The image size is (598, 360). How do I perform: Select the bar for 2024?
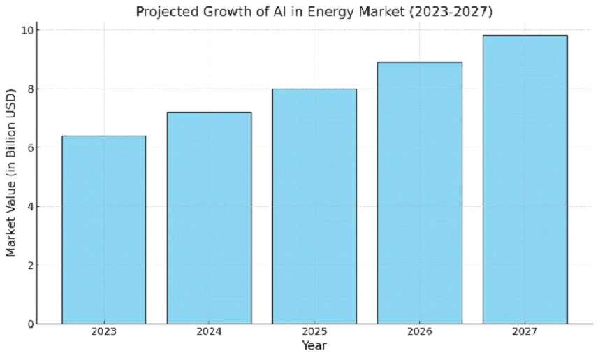coord(209,217)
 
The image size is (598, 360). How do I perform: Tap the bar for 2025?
coord(314,206)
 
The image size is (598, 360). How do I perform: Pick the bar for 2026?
coord(419,192)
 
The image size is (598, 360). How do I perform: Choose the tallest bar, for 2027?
coord(525,179)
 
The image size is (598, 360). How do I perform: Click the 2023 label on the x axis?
coord(104,332)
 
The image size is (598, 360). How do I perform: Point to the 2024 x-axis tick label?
coord(209,332)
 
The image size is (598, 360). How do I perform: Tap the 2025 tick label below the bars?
coord(314,332)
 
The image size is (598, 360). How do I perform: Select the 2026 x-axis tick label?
coord(419,332)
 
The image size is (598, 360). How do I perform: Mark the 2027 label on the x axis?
coord(525,332)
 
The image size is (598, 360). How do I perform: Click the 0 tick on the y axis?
coord(29,324)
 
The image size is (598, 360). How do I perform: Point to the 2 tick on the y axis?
coord(29,265)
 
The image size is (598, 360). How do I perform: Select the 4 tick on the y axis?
coord(29,206)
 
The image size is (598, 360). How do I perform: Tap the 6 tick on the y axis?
coord(29,147)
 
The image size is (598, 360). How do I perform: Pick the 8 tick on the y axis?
coord(29,89)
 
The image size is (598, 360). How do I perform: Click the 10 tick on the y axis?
coord(26,30)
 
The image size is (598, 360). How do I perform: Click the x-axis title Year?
coord(314,346)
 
